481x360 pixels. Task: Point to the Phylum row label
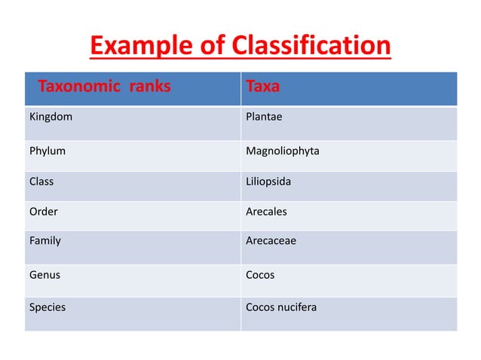[47, 151]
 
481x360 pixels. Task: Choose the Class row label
[41, 182]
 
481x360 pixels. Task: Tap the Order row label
[43, 212]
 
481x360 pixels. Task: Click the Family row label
[44, 242]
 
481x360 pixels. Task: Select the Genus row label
[44, 275]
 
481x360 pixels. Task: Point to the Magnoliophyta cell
[282, 151]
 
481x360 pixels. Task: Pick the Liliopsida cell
[268, 182]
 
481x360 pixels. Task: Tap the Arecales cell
[266, 212]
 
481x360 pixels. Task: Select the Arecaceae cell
[271, 242]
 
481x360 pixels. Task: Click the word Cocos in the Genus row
[260, 275]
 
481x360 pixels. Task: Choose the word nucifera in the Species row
[297, 307]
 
